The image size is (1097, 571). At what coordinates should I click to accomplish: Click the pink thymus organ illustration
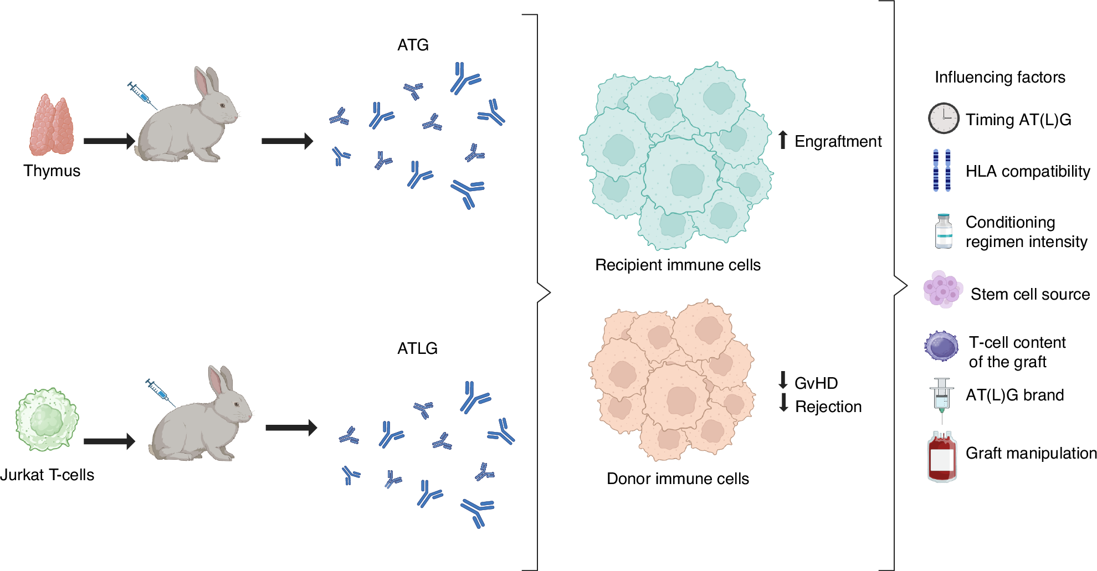click(52, 126)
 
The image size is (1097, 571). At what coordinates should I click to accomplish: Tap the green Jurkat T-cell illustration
click(47, 419)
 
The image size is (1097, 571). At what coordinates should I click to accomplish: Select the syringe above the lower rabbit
click(160, 392)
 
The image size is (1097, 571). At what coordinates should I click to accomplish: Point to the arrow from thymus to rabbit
click(109, 141)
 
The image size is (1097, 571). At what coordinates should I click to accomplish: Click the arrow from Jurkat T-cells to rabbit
click(109, 441)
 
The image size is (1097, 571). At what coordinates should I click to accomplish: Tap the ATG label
click(413, 45)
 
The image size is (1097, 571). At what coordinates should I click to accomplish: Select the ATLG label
click(417, 348)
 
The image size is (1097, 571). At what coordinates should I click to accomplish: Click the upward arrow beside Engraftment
click(782, 140)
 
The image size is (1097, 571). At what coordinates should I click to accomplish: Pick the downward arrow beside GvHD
click(783, 380)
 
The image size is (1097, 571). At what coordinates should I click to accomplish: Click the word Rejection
click(828, 407)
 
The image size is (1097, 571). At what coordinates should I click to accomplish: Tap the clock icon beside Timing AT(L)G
click(943, 118)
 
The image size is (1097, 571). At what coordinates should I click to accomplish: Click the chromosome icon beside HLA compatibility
click(941, 170)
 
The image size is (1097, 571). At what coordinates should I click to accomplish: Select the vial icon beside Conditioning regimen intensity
click(944, 232)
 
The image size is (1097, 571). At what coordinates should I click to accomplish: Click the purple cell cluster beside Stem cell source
click(942, 289)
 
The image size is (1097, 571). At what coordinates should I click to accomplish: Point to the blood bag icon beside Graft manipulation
click(942, 457)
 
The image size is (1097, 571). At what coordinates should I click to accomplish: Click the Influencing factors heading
click(999, 77)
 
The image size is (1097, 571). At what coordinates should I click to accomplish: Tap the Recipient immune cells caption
click(677, 265)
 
